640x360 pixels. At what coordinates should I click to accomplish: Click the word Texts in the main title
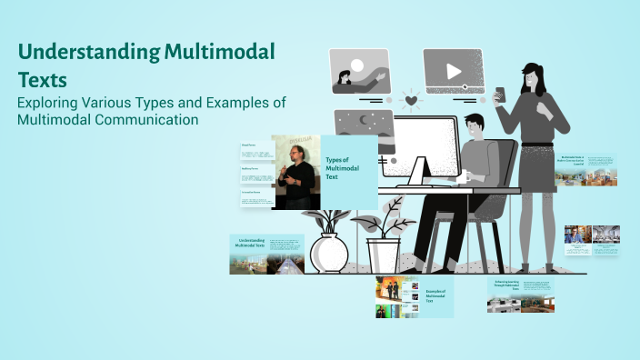[43, 79]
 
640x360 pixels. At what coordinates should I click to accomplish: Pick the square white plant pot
[385, 256]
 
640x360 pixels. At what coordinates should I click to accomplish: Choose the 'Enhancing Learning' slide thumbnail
[520, 295]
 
